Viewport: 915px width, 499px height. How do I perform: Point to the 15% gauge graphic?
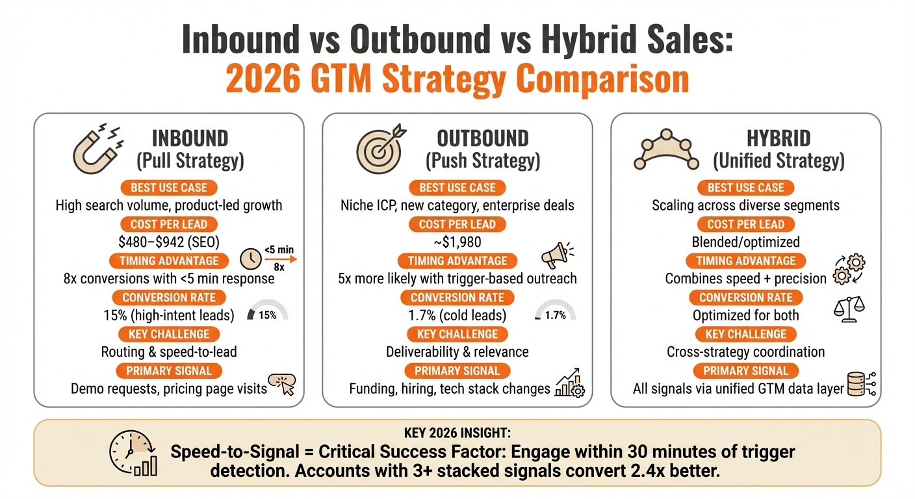tap(268, 311)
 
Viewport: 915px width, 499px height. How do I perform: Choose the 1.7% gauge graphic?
tap(554, 311)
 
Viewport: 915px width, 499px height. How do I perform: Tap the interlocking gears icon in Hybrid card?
tap(849, 269)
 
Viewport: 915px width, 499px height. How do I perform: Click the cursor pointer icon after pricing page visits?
tap(283, 384)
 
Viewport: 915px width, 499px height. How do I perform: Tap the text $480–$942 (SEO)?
tap(168, 242)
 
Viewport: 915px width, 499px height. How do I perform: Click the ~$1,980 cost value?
tap(457, 242)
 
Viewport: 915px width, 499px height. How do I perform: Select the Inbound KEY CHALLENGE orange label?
tap(168, 334)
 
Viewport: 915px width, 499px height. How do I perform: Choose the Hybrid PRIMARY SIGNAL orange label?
tap(745, 371)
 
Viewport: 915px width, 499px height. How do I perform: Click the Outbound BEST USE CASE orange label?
tap(457, 188)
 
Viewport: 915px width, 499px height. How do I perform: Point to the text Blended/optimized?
tap(745, 242)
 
